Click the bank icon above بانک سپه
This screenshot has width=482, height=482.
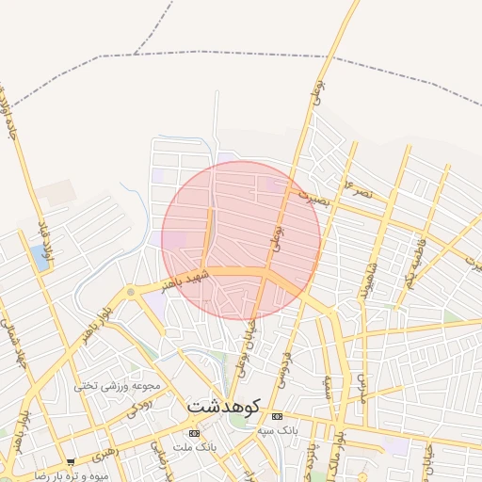pyautogui.click(x=276, y=416)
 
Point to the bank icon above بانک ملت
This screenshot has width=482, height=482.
pyautogui.click(x=194, y=433)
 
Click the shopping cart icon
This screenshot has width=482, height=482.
pyautogui.click(x=71, y=462)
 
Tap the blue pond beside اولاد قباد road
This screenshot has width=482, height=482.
pyautogui.click(x=39, y=255)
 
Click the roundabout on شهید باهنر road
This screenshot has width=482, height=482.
pyautogui.click(x=130, y=292)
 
